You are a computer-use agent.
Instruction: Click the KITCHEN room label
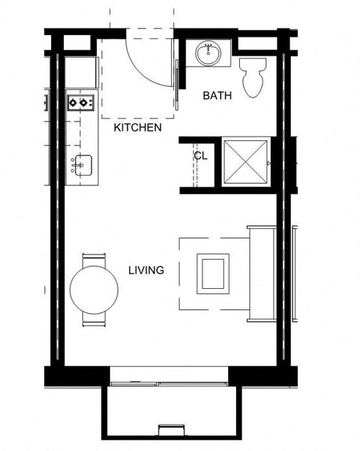137,128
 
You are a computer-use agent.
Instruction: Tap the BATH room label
217,95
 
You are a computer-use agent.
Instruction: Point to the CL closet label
200,156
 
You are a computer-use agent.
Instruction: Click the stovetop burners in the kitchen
80,102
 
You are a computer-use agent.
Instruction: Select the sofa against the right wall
262,273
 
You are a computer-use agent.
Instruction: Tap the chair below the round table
94,318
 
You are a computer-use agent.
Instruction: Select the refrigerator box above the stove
81,71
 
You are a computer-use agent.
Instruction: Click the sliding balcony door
169,383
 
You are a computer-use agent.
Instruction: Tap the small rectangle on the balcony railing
171,430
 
